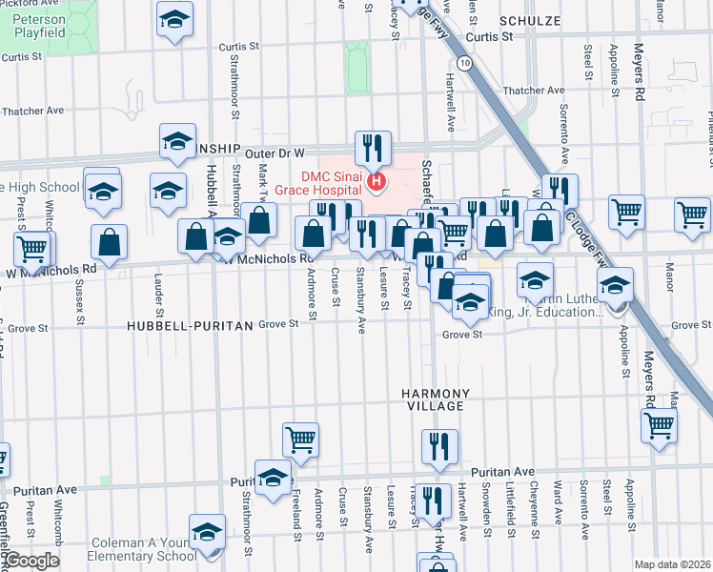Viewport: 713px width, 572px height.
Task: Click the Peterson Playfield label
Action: tap(40, 26)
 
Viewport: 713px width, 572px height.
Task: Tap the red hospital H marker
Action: tap(378, 181)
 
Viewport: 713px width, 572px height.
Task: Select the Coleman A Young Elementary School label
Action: tap(143, 549)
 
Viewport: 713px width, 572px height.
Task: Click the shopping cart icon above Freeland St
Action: tap(300, 439)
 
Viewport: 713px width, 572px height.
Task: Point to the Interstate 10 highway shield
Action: tap(462, 63)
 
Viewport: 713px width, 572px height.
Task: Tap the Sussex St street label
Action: tap(78, 297)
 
